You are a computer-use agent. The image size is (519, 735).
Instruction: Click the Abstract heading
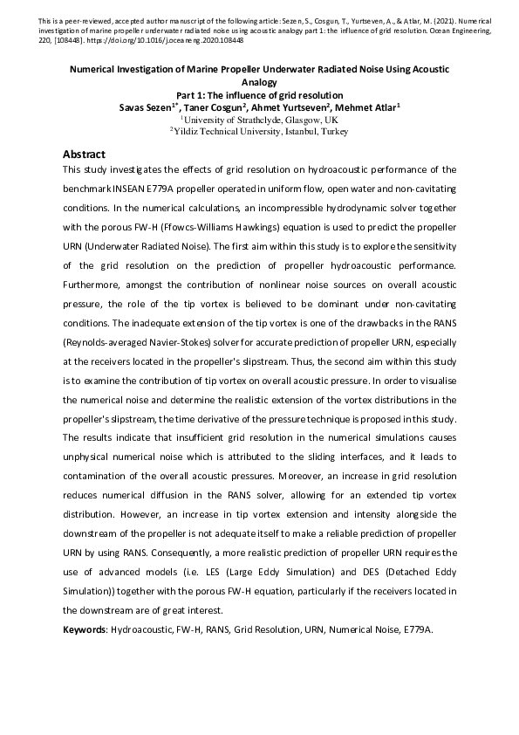[x=85, y=154]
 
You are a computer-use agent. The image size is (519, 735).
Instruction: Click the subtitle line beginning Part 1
[x=259, y=95]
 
